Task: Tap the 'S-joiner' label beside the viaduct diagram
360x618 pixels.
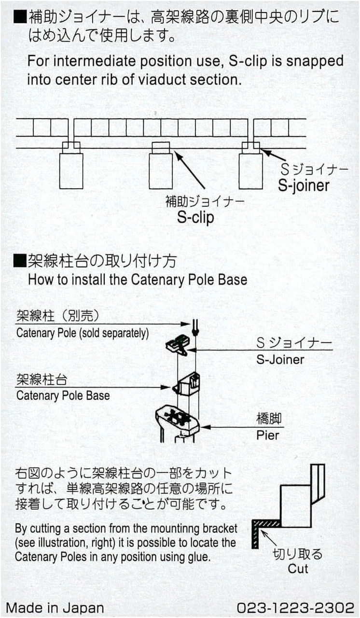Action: (x=304, y=186)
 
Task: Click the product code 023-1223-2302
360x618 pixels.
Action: (x=295, y=607)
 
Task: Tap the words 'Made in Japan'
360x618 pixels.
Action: (x=55, y=607)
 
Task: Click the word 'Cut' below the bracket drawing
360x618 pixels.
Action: (x=298, y=568)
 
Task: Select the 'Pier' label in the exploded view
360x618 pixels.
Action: (x=267, y=435)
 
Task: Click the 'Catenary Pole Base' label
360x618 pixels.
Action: (x=63, y=396)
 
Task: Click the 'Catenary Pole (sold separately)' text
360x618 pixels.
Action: (x=82, y=333)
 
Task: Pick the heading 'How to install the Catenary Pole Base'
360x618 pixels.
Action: (x=137, y=280)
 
